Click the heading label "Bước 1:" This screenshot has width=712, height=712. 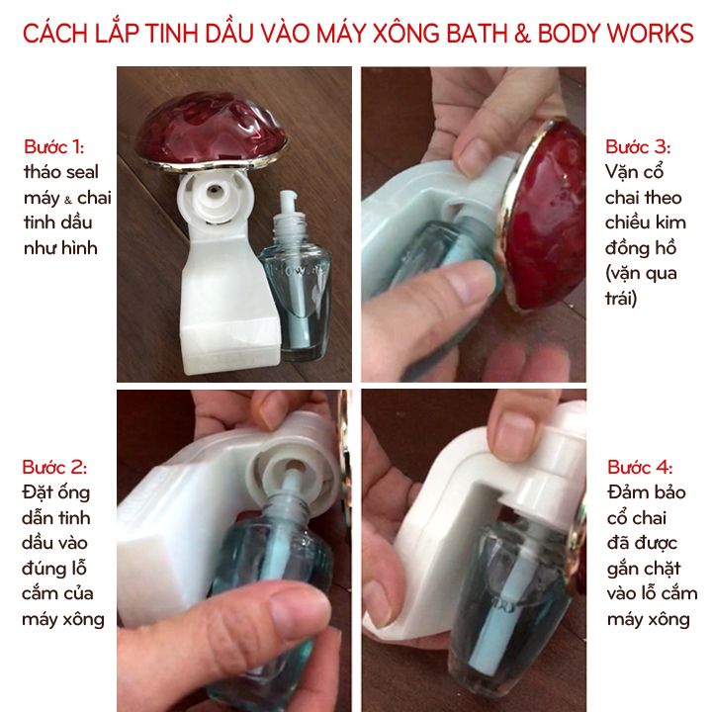(53, 146)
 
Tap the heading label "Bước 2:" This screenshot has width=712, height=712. (54, 467)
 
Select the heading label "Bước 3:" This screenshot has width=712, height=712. (638, 146)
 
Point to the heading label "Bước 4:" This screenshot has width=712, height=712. (640, 467)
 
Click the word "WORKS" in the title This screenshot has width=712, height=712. (651, 34)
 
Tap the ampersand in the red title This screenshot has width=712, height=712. (522, 34)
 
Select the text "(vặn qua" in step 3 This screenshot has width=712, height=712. (641, 273)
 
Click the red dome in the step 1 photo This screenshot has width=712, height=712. (212, 131)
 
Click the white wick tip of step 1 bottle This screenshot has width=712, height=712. (288, 201)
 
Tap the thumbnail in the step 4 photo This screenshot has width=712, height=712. (513, 433)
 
